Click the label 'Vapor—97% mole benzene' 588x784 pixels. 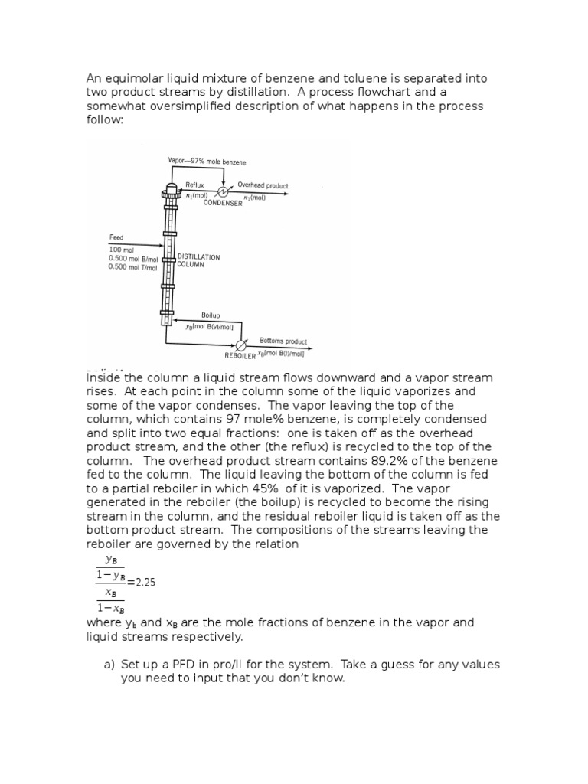(x=207, y=162)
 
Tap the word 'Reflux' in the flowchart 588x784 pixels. (x=196, y=185)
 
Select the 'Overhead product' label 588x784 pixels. (x=263, y=185)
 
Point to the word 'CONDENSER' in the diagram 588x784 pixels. (x=223, y=204)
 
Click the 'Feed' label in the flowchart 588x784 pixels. (x=116, y=238)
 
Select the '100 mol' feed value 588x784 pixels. (x=121, y=250)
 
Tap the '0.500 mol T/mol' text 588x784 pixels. (x=132, y=267)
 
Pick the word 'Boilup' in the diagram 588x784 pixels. (x=211, y=315)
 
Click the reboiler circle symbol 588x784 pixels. (x=242, y=345)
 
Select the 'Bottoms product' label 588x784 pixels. (x=283, y=341)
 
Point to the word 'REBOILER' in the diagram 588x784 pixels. (x=240, y=356)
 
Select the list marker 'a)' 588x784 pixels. (x=109, y=665)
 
